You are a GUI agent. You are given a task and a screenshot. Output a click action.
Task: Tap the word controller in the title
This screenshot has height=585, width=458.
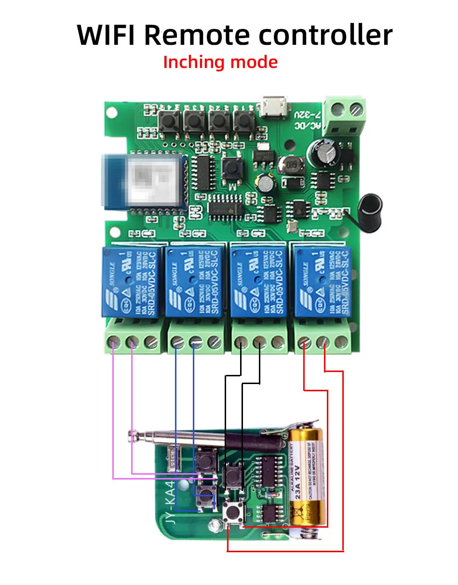pyautogui.click(x=325, y=35)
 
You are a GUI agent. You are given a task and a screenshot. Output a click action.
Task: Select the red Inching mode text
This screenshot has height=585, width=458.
pyautogui.click(x=220, y=62)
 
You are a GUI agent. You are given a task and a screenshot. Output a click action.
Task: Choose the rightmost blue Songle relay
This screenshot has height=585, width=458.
pyautogui.click(x=321, y=281)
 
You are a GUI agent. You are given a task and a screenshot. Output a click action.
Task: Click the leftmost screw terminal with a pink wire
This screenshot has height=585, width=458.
pyautogui.click(x=113, y=343)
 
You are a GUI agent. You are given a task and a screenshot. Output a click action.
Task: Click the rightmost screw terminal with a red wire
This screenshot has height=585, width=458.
pyautogui.click(x=323, y=343)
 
